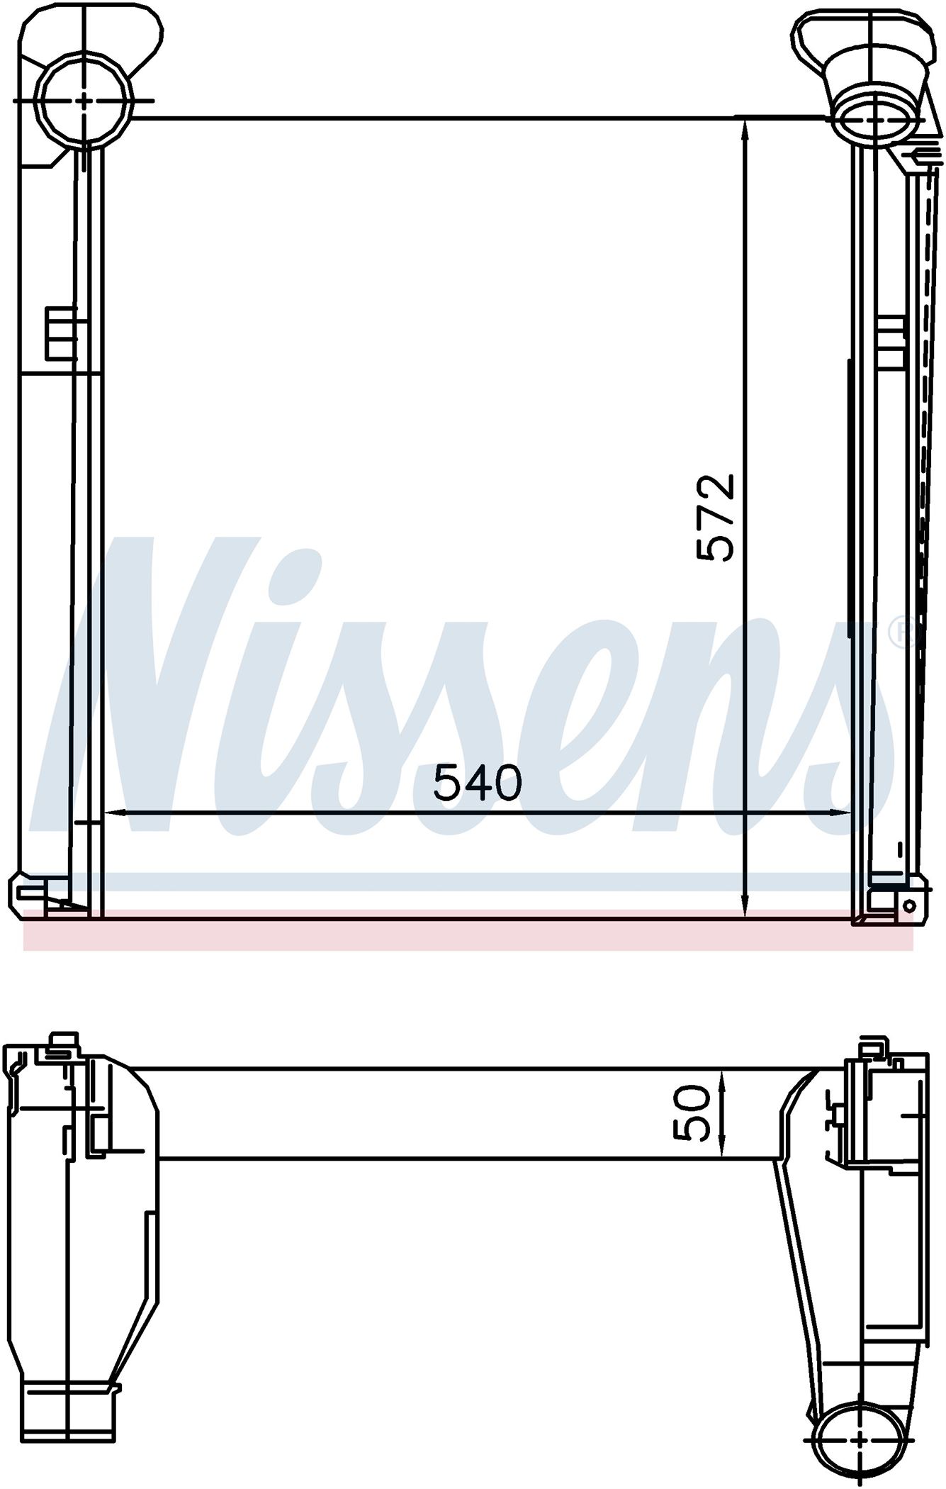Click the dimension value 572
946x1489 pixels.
715,517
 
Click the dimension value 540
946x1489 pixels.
478,783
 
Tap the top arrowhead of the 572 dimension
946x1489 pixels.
745,131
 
